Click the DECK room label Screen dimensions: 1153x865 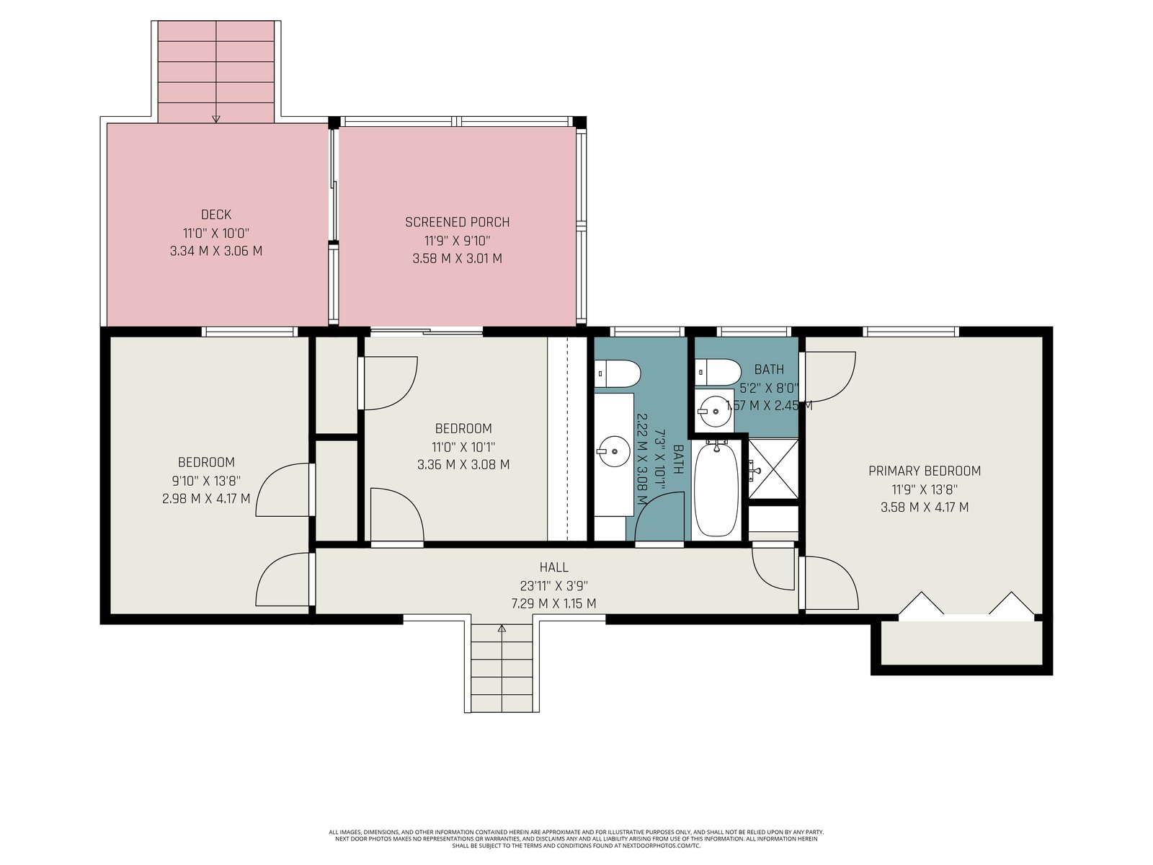[x=216, y=214]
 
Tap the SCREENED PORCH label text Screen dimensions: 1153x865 [x=457, y=222]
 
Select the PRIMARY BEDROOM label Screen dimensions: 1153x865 [x=924, y=471]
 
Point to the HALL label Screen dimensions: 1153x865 [x=553, y=567]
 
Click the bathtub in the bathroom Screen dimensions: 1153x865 [x=716, y=489]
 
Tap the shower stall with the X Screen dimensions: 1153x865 [x=773, y=469]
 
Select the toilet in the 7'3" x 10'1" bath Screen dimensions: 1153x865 [x=618, y=373]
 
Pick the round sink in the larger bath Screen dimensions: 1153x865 [x=613, y=451]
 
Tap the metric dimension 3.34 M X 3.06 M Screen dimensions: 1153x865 [x=216, y=251]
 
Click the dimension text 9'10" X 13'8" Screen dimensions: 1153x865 [x=206, y=481]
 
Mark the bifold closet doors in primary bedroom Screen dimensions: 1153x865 [x=966, y=604]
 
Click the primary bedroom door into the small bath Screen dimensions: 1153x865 [x=828, y=377]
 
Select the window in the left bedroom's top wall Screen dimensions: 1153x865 [x=249, y=332]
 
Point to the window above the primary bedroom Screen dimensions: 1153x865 [x=911, y=332]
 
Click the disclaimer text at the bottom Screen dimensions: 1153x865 [x=576, y=839]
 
